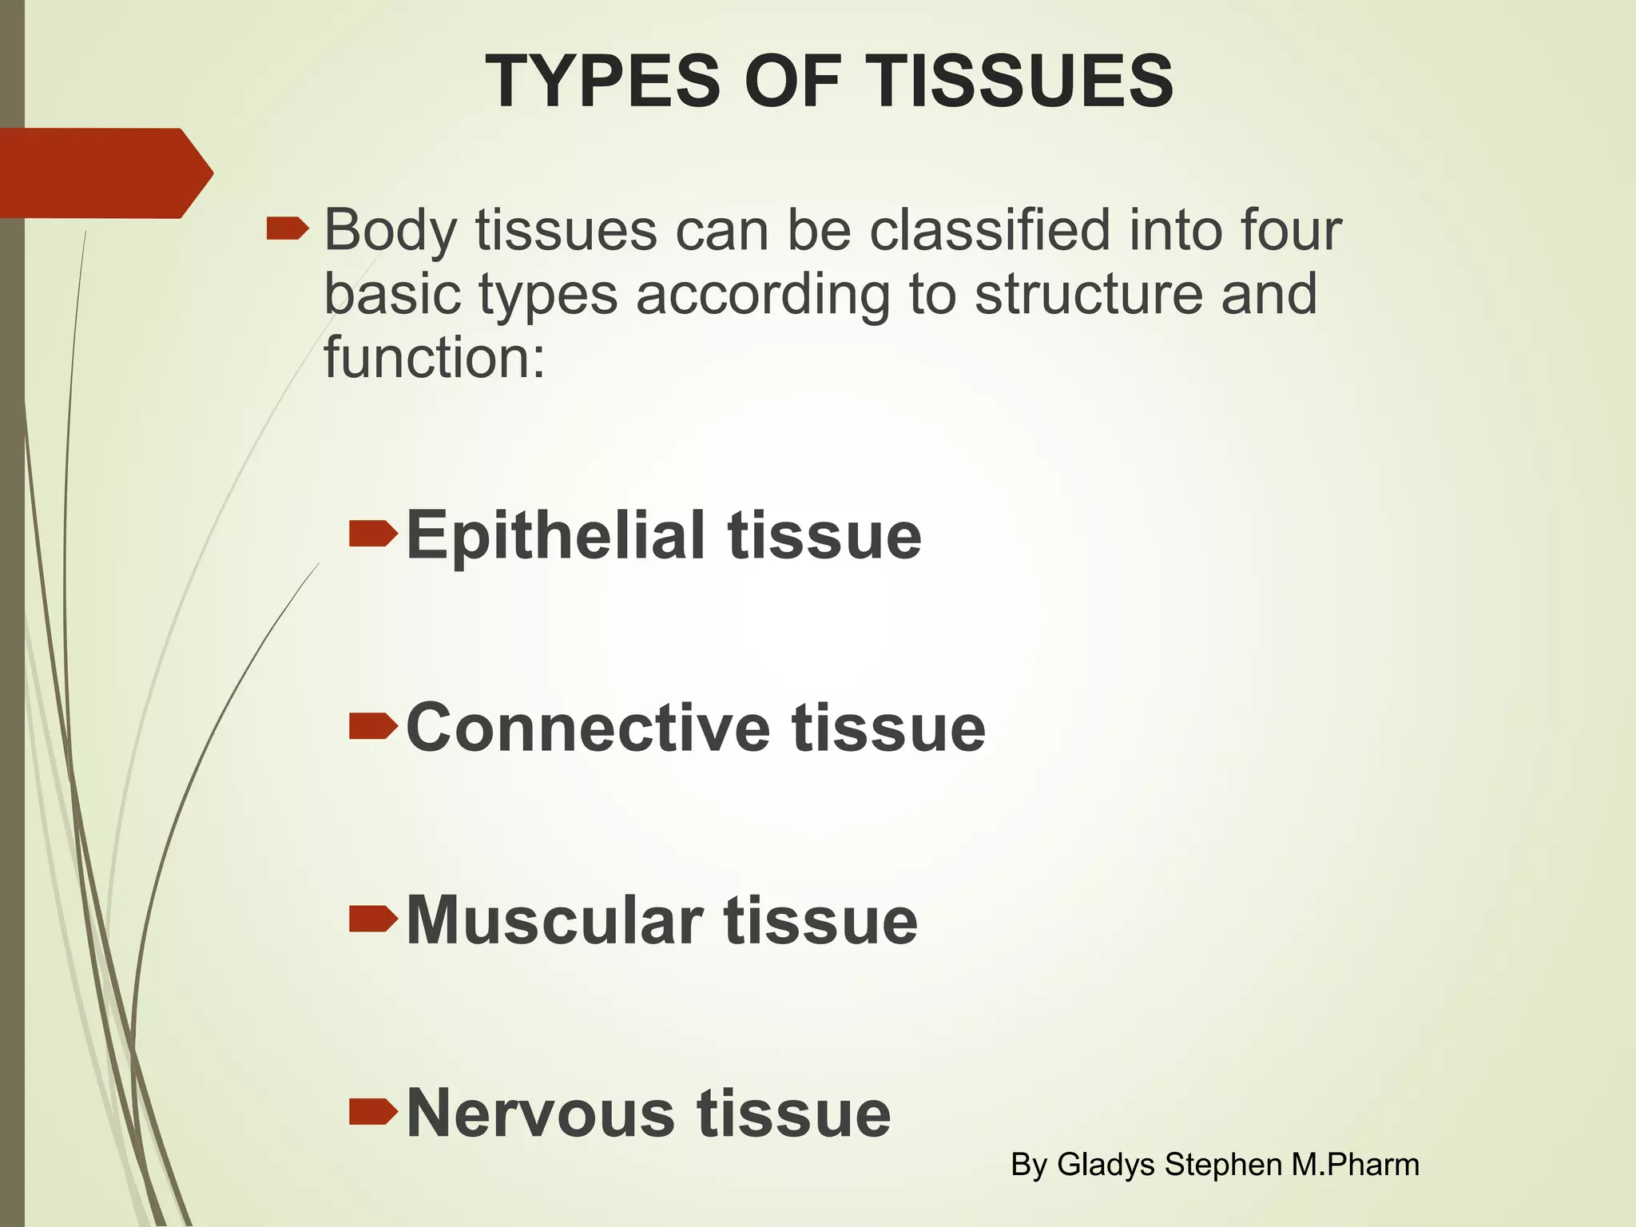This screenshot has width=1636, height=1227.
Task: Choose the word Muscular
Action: coord(554,920)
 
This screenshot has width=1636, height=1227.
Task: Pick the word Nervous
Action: coord(541,1113)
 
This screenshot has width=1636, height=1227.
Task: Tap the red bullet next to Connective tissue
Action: coord(373,725)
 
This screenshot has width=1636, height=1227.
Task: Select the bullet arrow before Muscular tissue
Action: coord(373,919)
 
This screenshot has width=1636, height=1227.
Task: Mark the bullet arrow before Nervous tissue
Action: coord(373,1110)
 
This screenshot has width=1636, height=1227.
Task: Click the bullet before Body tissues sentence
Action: coord(287,230)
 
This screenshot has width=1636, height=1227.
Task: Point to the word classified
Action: coord(990,231)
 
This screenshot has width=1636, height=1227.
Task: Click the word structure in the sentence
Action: coord(1087,294)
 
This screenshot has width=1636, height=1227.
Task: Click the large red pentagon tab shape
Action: coord(104,173)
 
